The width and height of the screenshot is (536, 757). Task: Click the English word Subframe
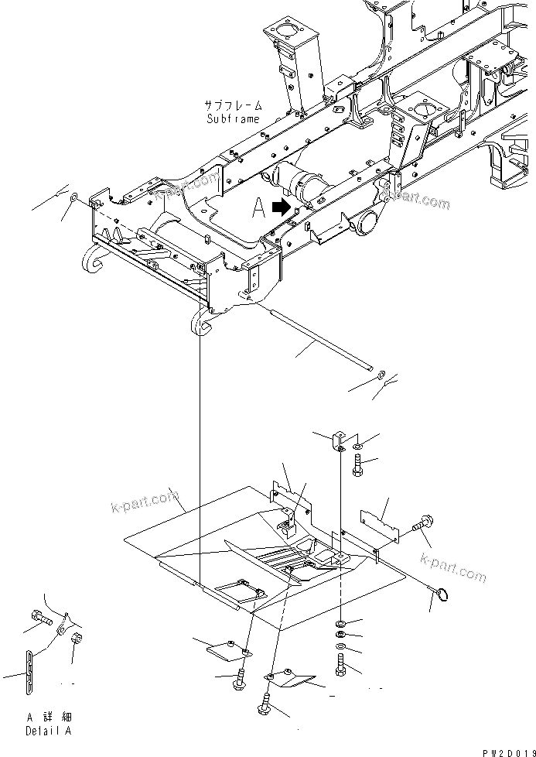tap(233, 118)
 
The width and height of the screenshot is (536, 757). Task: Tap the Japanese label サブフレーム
tap(233, 105)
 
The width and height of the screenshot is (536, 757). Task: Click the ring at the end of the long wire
tap(440, 594)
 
